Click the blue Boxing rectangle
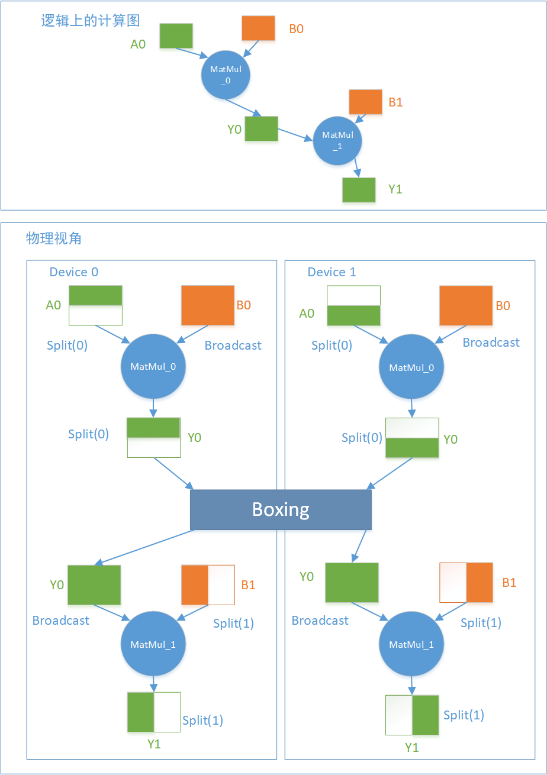coord(281,509)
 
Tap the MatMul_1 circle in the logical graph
coord(337,141)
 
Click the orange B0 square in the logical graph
coord(259,28)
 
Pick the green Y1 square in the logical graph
coord(359,190)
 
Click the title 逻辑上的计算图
coord(90,21)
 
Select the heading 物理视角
coord(54,238)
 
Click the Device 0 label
coord(74,272)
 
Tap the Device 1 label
coord(332,272)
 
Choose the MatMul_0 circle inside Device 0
coord(153,367)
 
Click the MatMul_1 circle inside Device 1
coord(411,644)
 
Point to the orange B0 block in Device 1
coord(466,305)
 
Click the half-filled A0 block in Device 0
coord(95,305)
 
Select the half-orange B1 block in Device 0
coord(208,585)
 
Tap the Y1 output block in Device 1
coord(412,715)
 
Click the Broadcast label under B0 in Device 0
coord(233,345)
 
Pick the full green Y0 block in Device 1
coord(352,582)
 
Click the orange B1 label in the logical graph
coord(395,102)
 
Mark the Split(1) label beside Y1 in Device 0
coord(202,720)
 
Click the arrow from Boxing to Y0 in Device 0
coord(145,547)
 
